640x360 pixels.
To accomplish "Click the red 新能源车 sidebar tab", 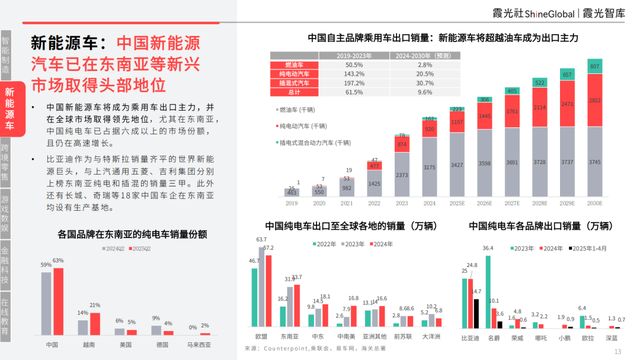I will [9, 109].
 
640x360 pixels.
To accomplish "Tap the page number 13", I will [618, 349].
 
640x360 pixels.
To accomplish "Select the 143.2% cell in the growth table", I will [352, 74].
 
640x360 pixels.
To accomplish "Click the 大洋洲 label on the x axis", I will [432, 337].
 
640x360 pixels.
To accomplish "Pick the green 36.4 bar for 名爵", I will [487, 291].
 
